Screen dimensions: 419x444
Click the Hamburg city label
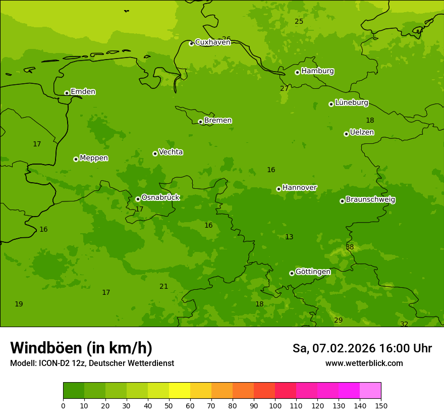coord(317,71)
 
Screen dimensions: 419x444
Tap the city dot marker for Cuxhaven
coord(191,43)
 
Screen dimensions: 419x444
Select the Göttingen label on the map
coord(313,272)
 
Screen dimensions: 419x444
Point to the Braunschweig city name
coord(370,200)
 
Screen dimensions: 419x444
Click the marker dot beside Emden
coord(67,93)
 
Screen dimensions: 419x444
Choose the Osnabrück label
coord(160,198)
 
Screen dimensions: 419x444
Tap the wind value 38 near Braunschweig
coord(350,247)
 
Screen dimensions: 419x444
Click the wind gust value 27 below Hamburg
coord(284,89)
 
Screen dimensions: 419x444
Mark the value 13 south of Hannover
coord(289,237)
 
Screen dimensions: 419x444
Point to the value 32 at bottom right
coord(404,325)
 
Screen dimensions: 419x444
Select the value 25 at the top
coord(299,21)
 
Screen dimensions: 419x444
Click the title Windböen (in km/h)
coord(81,348)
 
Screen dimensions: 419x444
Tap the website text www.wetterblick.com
coord(364,363)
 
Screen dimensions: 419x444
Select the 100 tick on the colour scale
coord(275,406)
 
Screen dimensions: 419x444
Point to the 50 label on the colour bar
coord(169,406)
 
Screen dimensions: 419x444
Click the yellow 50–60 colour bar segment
coord(180,391)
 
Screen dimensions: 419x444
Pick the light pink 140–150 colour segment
coord(370,391)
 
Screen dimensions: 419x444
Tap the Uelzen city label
coord(362,133)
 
